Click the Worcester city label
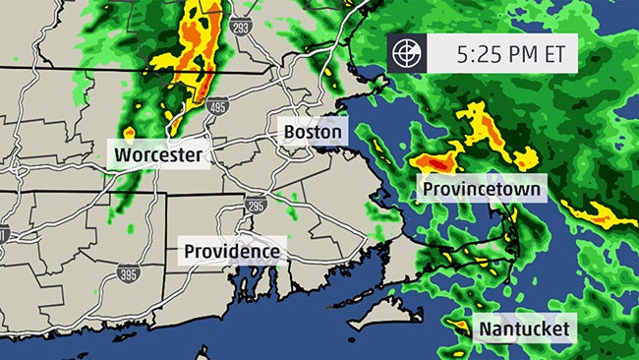click(x=159, y=155)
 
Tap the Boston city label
click(x=312, y=132)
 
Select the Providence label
click(x=233, y=251)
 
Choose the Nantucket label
click(x=524, y=329)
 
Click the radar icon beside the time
click(x=405, y=54)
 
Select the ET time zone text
click(x=552, y=54)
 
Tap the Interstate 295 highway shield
click(x=257, y=205)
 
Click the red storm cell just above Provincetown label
click(x=433, y=161)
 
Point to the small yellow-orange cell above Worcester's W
click(x=129, y=132)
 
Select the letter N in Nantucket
click(x=485, y=329)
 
